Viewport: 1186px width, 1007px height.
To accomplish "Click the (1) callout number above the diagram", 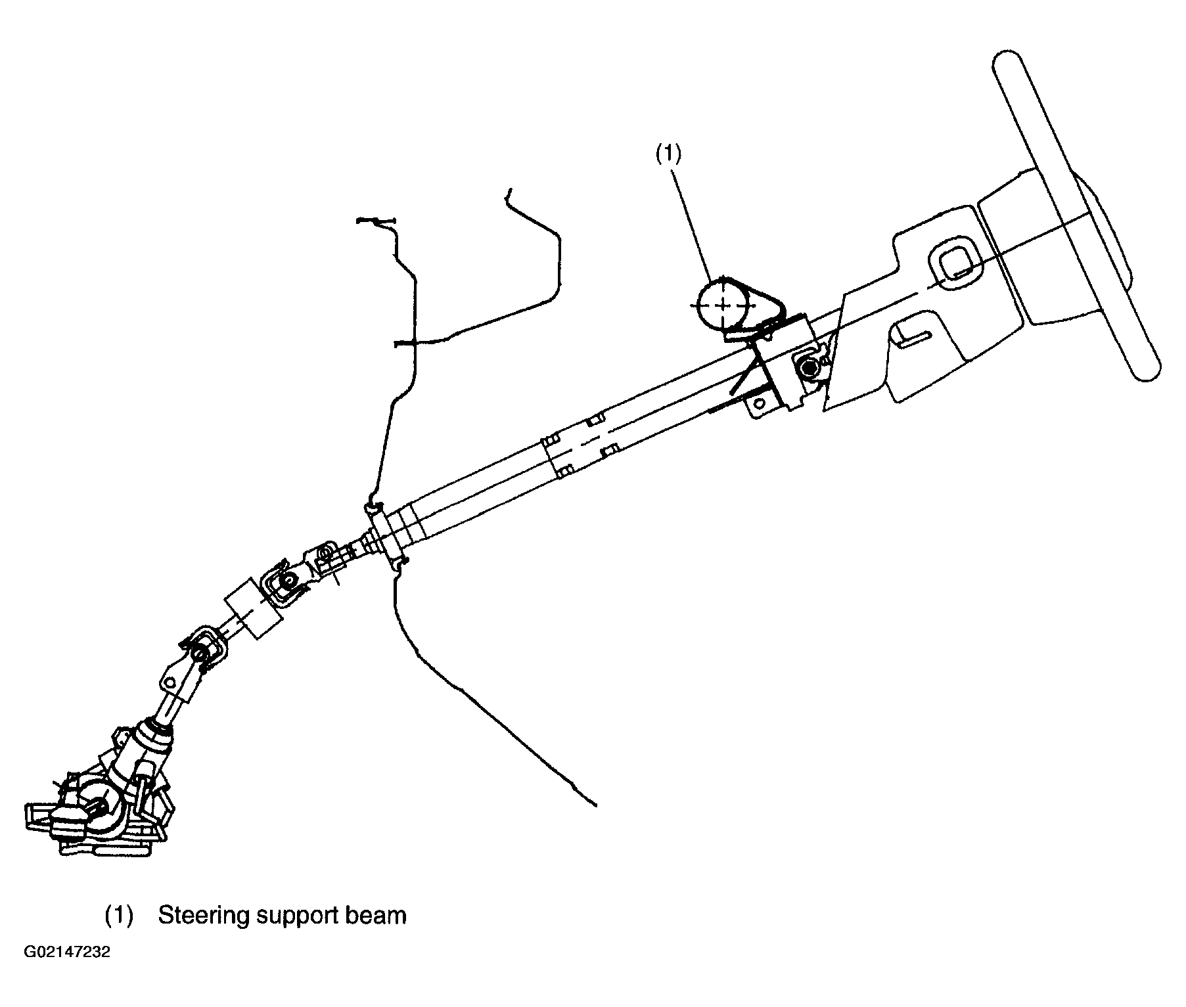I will click(669, 154).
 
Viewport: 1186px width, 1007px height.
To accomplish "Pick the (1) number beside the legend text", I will click(119, 915).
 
